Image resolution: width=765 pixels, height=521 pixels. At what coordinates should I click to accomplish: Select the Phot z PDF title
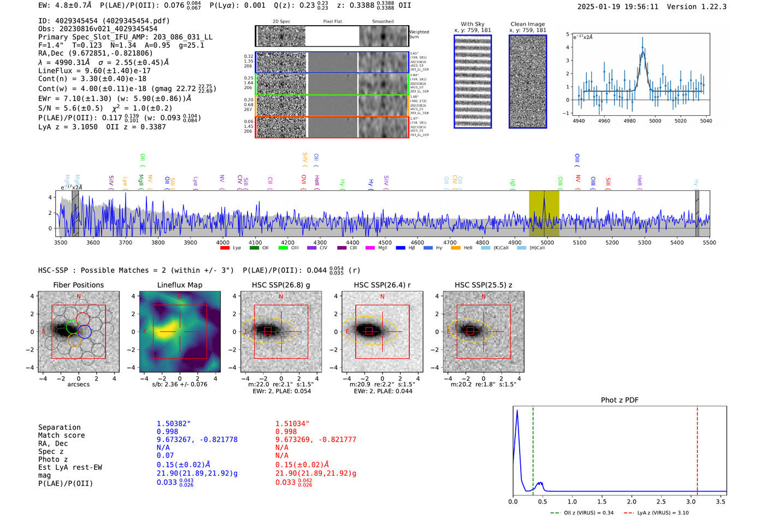tap(620, 400)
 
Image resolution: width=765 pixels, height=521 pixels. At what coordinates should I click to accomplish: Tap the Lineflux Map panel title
tap(180, 285)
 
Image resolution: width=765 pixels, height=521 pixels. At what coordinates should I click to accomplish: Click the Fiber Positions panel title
tap(78, 285)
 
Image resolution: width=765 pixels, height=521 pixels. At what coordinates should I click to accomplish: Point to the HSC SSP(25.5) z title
tap(484, 285)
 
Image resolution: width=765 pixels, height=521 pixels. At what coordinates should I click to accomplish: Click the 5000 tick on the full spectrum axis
tap(547, 242)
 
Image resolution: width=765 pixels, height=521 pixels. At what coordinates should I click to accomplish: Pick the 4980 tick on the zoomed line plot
tap(629, 121)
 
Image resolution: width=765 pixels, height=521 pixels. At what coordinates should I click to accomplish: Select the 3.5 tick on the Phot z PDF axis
tap(721, 501)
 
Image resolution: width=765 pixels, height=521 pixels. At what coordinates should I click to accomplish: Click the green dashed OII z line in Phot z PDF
tap(533, 448)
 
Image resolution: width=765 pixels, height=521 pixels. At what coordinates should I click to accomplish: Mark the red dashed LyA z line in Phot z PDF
tap(697, 448)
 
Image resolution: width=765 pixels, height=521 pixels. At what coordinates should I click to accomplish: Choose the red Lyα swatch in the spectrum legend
tap(225, 248)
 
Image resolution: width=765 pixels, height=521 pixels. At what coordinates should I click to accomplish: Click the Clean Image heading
tap(527, 24)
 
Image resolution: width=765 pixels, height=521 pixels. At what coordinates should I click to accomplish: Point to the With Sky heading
tap(473, 24)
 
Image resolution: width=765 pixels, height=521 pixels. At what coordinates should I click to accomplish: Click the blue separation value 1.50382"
tap(174, 424)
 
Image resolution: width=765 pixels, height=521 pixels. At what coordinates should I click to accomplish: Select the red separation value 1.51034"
tap(292, 424)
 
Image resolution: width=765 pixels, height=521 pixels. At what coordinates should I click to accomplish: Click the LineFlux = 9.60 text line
tap(94, 71)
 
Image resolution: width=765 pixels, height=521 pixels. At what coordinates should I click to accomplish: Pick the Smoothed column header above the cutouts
tap(382, 22)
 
